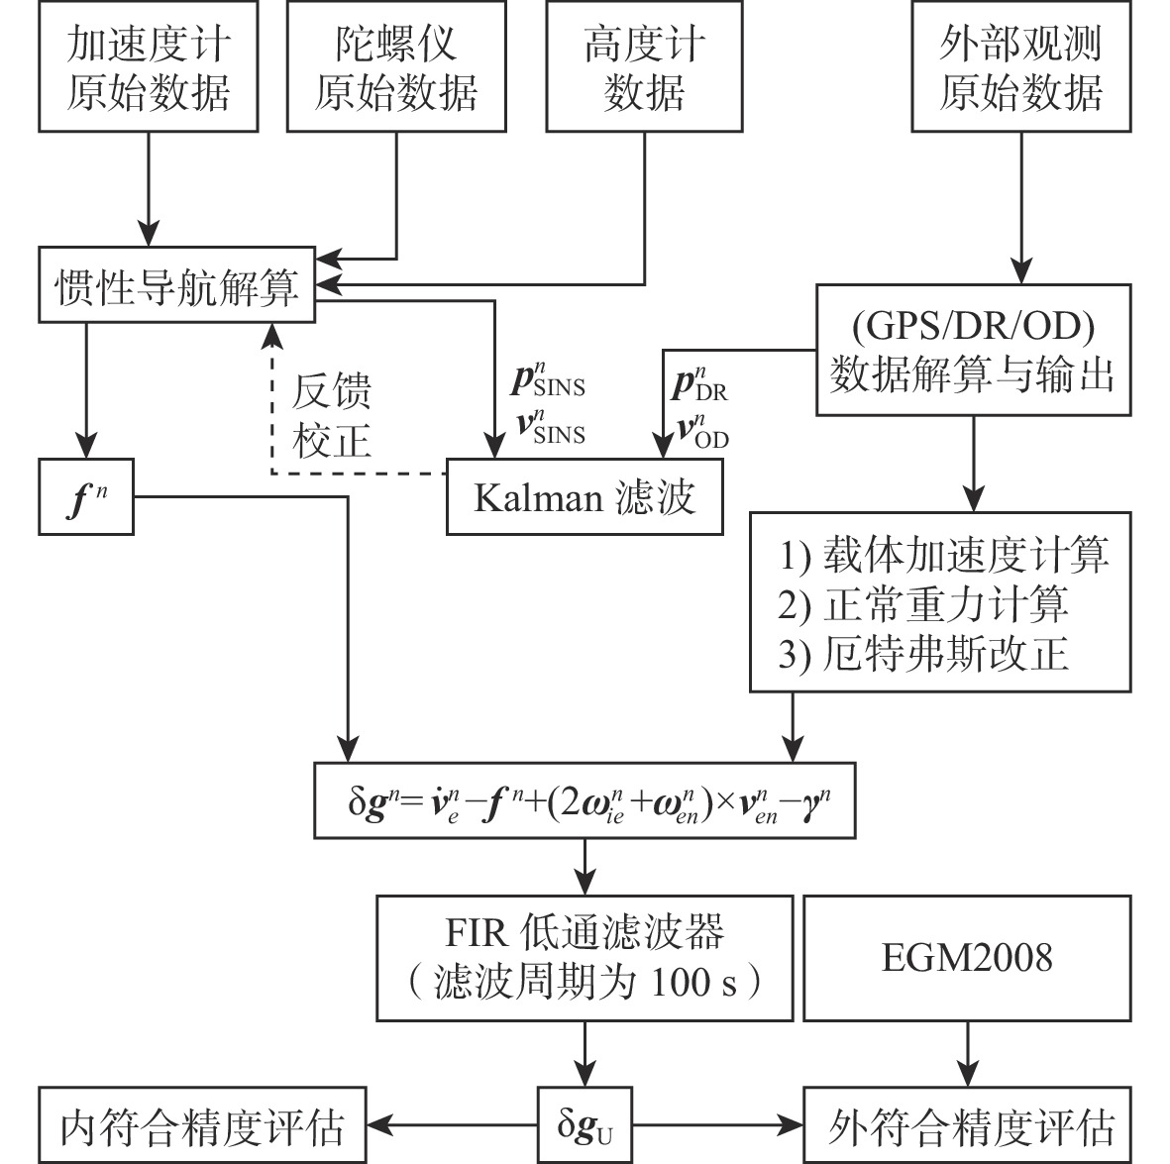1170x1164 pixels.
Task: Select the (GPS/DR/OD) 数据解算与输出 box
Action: [973, 351]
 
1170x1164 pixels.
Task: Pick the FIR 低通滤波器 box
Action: [585, 958]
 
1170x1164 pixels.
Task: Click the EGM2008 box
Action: [967, 958]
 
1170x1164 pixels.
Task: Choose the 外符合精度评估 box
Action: [967, 1125]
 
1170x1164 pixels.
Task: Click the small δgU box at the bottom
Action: [585, 1125]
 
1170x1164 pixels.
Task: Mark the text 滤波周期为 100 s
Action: [585, 983]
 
